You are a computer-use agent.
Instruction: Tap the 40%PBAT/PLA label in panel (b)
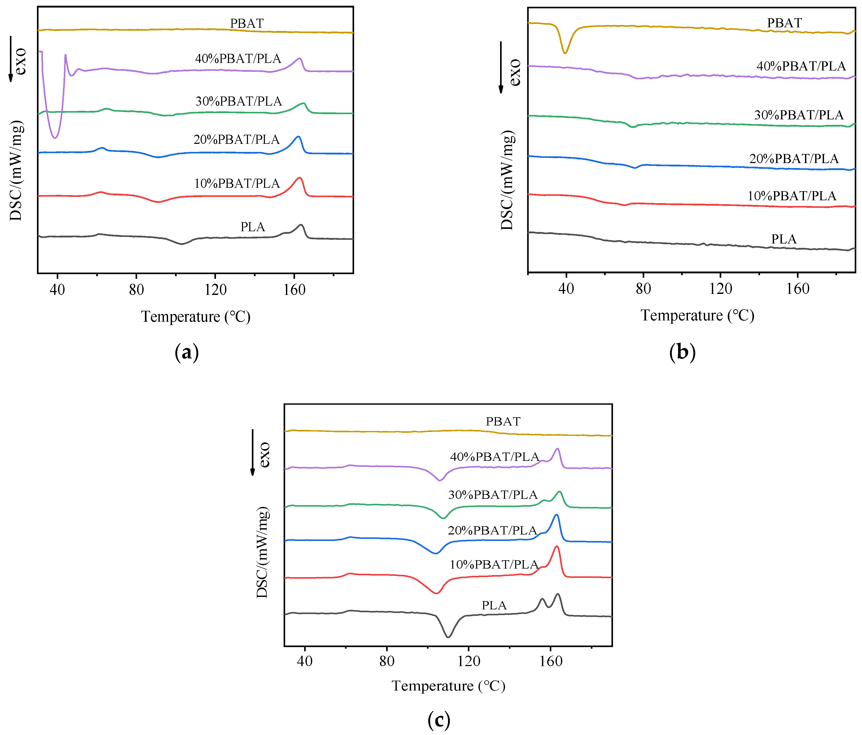[801, 66]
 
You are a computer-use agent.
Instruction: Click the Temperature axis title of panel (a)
[196, 317]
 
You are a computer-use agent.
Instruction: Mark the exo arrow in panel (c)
[253, 453]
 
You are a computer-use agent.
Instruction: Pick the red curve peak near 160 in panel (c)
[557, 547]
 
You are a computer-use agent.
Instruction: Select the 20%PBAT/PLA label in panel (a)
[236, 140]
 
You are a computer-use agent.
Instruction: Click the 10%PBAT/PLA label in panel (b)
[792, 196]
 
